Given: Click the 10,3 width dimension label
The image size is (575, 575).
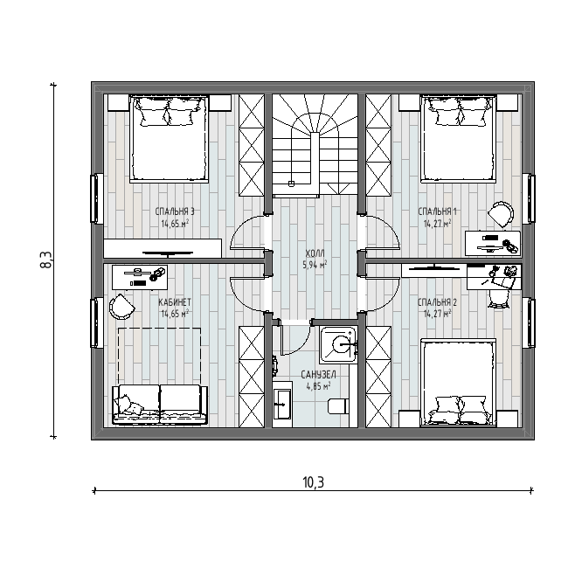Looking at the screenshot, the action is click(x=314, y=482).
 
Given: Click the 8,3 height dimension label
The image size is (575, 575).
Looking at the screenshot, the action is click(x=46, y=260).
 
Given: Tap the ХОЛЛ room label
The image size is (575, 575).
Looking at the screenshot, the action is click(x=315, y=253).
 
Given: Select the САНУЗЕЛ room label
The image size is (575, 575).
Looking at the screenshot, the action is click(x=318, y=374).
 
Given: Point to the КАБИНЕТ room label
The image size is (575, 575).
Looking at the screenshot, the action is click(x=175, y=302).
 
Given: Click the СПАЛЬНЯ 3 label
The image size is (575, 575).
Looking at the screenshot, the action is click(x=175, y=211).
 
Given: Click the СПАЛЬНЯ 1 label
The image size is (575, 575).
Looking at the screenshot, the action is click(x=438, y=211).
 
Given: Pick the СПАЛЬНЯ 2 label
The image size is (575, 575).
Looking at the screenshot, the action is click(x=438, y=302).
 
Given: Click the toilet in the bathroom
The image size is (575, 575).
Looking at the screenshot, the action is click(x=337, y=406).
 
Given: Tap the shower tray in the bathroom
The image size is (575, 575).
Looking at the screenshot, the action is click(x=338, y=344).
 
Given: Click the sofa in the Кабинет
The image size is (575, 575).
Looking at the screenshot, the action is click(x=160, y=405).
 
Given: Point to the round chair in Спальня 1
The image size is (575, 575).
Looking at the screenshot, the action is click(x=501, y=214).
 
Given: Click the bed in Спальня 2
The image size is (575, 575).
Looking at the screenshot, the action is click(x=459, y=383).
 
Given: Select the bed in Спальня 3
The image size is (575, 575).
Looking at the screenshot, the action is click(x=169, y=139).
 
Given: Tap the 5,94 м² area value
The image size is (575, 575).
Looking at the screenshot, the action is click(x=315, y=265).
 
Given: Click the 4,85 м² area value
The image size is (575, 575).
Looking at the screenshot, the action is click(x=318, y=386).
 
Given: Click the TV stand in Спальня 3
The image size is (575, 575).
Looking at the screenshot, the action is click(x=163, y=248).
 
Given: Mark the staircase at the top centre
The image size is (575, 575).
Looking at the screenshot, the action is click(x=315, y=144).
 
